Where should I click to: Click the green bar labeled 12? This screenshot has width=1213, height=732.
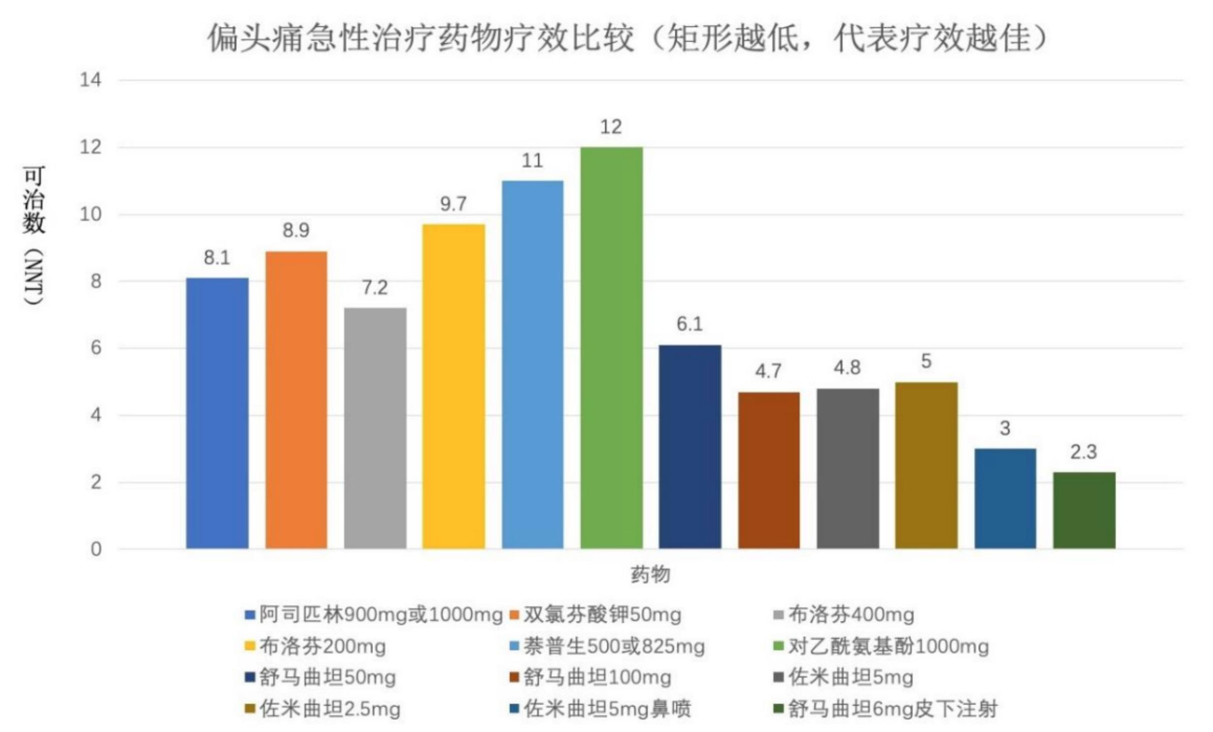[x=611, y=348]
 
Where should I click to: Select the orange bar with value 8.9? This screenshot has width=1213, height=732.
[x=296, y=400]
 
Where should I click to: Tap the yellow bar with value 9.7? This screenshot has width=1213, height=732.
[x=453, y=386]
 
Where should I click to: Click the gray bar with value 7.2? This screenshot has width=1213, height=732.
[x=375, y=428]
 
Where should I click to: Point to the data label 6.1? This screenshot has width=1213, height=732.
[x=689, y=324]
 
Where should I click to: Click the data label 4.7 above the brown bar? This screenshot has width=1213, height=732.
[x=768, y=371]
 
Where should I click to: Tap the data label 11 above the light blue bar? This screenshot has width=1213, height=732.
[x=532, y=161]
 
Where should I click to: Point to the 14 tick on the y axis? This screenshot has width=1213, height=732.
[x=90, y=80]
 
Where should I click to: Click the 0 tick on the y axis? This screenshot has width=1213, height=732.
[x=96, y=549]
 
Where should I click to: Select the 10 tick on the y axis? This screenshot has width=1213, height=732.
[x=90, y=214]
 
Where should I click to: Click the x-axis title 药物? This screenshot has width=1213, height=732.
[x=650, y=574]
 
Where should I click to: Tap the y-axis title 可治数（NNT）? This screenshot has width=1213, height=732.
[x=34, y=235]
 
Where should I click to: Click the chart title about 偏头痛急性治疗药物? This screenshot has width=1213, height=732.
[x=626, y=38]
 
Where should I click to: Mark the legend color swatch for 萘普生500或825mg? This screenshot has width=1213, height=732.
[x=514, y=646]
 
